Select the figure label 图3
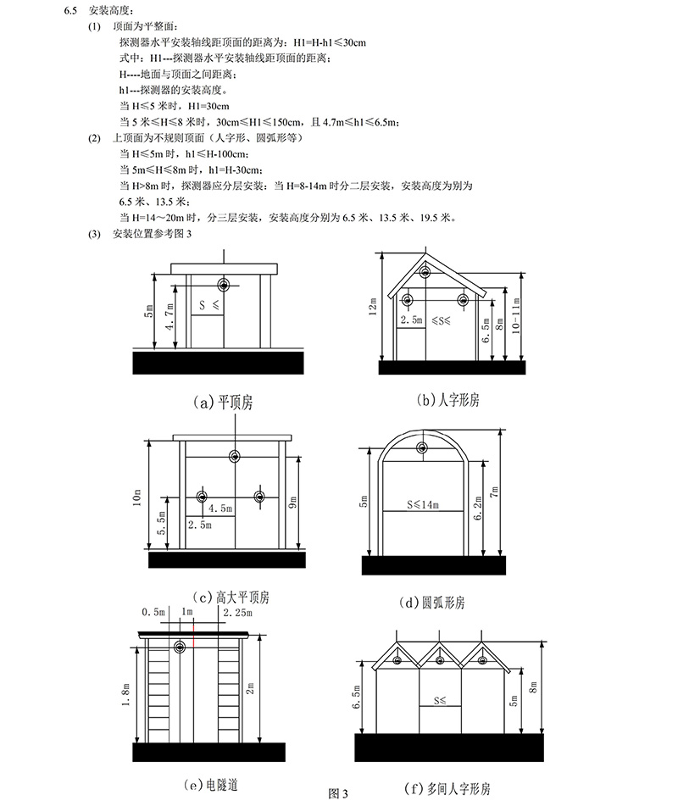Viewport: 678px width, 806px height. (338, 793)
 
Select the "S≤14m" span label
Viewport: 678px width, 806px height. (421, 505)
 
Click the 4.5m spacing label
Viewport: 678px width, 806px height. (220, 509)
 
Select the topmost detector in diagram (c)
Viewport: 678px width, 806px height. (233, 457)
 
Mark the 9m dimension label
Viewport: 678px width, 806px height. (292, 503)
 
